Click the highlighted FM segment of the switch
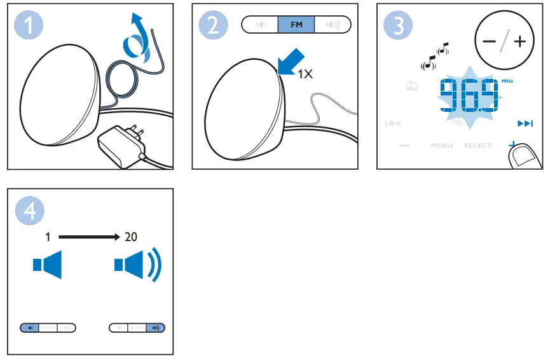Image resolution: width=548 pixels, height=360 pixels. (296, 25)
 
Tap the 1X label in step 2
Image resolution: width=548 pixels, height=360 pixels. (306, 74)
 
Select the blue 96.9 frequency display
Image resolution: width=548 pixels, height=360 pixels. (469, 96)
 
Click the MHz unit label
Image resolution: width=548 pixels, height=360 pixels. (507, 81)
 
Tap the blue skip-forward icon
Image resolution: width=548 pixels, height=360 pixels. (524, 123)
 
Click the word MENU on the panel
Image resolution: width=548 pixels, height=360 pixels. (442, 146)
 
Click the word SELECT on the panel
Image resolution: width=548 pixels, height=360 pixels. (477, 146)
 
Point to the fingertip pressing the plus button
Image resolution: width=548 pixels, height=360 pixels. (523, 156)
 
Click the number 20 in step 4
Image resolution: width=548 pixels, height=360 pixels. (131, 237)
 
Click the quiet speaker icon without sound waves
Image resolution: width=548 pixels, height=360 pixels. (48, 265)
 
